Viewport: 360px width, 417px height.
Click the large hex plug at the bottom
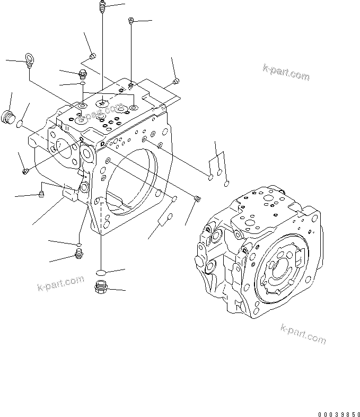click(x=101, y=288)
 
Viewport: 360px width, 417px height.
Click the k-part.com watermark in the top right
click(x=286, y=73)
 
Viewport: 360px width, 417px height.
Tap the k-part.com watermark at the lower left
click(x=60, y=284)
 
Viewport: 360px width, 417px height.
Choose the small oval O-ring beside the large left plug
click(x=20, y=125)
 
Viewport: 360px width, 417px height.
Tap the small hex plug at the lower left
click(x=79, y=256)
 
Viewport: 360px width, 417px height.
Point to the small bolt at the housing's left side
click(x=25, y=171)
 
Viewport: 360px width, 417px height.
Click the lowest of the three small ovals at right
click(x=227, y=184)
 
